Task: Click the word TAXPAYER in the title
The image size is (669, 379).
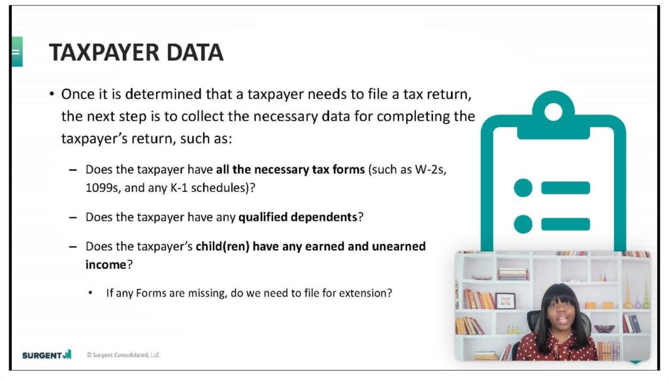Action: (x=105, y=53)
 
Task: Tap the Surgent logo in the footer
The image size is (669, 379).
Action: (x=47, y=354)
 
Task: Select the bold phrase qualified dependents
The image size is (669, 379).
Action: (x=297, y=217)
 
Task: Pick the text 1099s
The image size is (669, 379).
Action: (x=103, y=188)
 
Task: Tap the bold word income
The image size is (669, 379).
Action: (x=105, y=265)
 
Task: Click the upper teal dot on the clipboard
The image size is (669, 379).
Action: (x=523, y=188)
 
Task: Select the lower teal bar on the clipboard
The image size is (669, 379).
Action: (x=566, y=224)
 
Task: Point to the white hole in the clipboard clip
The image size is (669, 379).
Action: (x=553, y=112)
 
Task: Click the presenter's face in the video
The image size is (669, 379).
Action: (x=562, y=316)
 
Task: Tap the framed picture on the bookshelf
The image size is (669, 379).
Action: (x=505, y=301)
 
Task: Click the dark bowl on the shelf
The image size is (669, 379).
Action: (x=604, y=329)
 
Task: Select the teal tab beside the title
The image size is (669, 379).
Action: (x=17, y=52)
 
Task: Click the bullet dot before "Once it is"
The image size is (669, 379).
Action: (x=52, y=94)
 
